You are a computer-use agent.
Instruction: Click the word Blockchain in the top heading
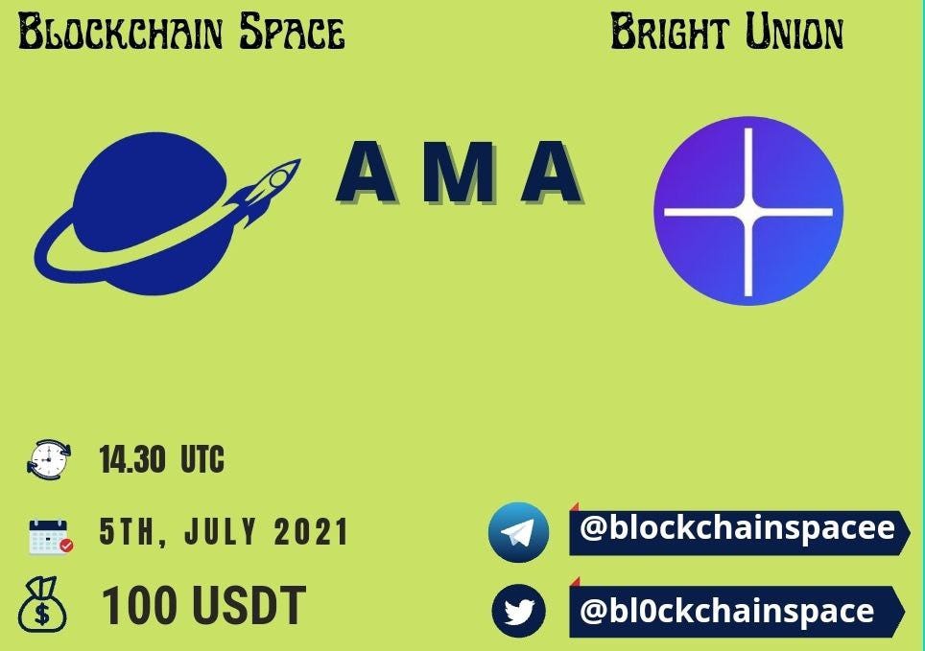click(121, 32)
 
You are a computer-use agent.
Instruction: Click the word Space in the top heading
click(292, 32)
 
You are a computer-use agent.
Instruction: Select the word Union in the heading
click(795, 32)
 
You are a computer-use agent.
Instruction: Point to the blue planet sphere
click(151, 212)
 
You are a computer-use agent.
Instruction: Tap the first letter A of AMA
click(367, 173)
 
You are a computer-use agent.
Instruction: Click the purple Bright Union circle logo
click(748, 211)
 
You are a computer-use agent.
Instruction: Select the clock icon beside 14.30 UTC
click(48, 458)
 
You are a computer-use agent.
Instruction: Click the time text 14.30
click(132, 459)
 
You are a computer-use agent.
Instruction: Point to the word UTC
click(202, 459)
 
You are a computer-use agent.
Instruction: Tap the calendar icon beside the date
click(50, 535)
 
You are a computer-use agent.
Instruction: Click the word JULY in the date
click(221, 531)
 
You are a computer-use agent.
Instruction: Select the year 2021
click(311, 531)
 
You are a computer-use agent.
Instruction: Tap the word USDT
click(249, 605)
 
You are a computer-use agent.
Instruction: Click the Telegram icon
click(518, 532)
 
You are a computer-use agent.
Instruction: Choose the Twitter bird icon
click(519, 611)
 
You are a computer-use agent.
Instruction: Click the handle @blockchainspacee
click(737, 527)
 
